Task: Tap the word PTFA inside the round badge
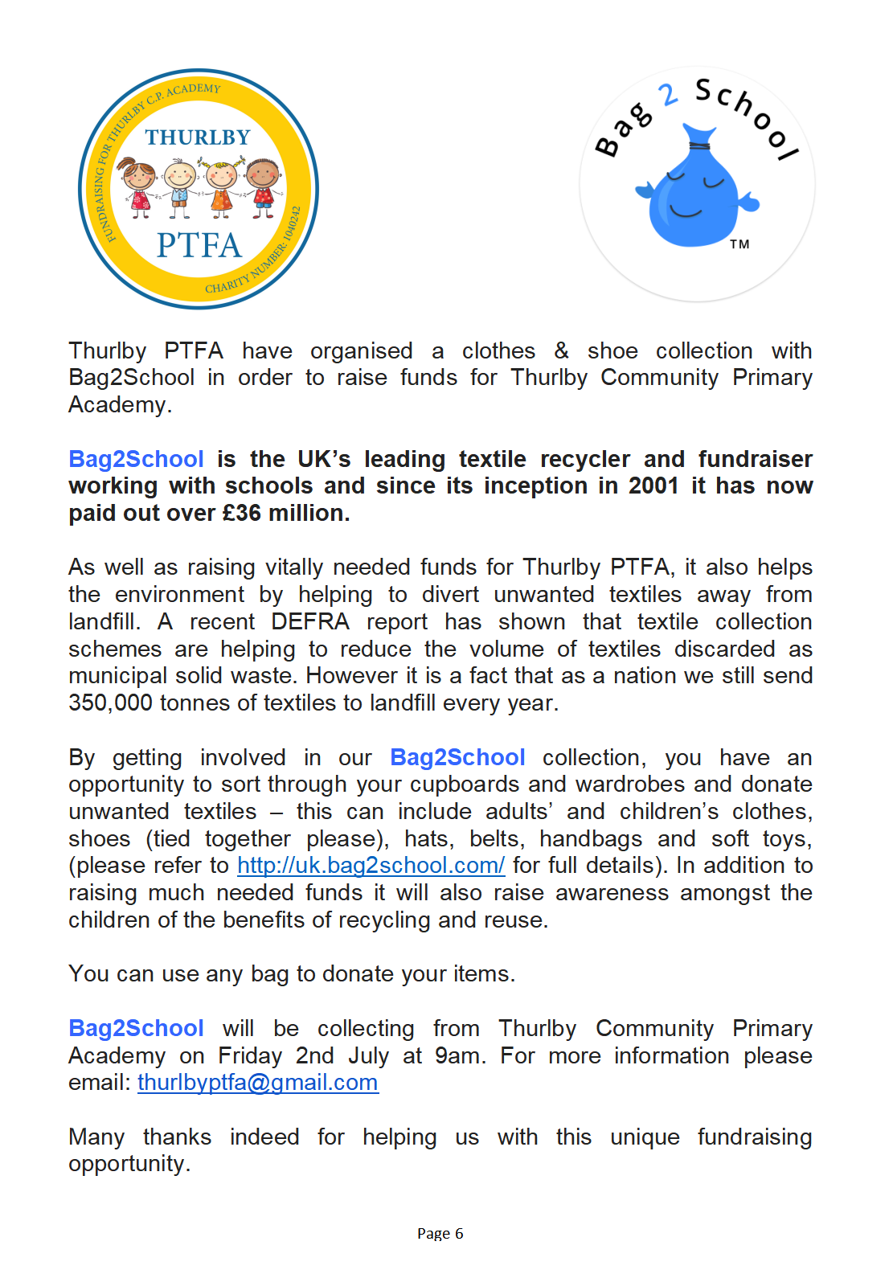click(x=199, y=245)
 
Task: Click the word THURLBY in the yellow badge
click(x=198, y=137)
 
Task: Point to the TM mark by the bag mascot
click(x=739, y=244)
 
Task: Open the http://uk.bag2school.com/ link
click(x=371, y=866)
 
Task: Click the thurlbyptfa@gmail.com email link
click(x=257, y=1083)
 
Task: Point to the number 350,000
click(x=110, y=703)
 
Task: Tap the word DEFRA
click(x=309, y=622)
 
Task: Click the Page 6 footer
click(x=440, y=1234)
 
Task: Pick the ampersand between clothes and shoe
click(x=561, y=351)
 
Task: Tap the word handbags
click(x=590, y=839)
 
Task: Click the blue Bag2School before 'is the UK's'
click(x=136, y=459)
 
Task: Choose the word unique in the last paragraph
click(x=645, y=1137)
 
